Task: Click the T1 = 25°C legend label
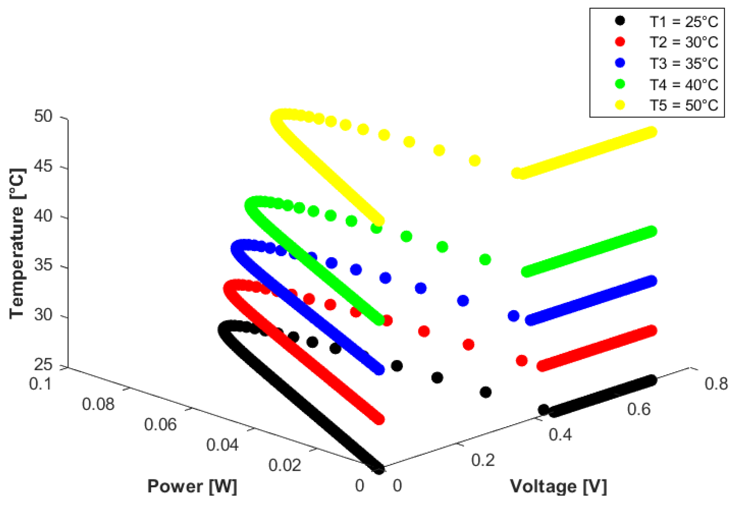click(x=683, y=22)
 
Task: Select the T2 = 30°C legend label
click(x=683, y=42)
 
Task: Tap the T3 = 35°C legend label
click(x=683, y=63)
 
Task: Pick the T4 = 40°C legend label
click(x=683, y=85)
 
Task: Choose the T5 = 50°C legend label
click(x=683, y=105)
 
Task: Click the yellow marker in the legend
click(x=620, y=105)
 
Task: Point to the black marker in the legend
click(x=620, y=21)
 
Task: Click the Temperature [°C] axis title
click(x=17, y=244)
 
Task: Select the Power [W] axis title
click(x=192, y=486)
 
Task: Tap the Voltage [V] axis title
click(x=558, y=486)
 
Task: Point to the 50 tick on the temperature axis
click(x=43, y=116)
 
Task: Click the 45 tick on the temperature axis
click(x=43, y=166)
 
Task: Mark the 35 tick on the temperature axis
click(x=43, y=265)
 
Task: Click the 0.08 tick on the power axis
click(x=98, y=404)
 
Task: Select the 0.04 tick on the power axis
click(x=223, y=445)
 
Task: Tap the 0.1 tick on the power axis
click(x=40, y=384)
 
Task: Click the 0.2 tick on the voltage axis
click(x=483, y=460)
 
